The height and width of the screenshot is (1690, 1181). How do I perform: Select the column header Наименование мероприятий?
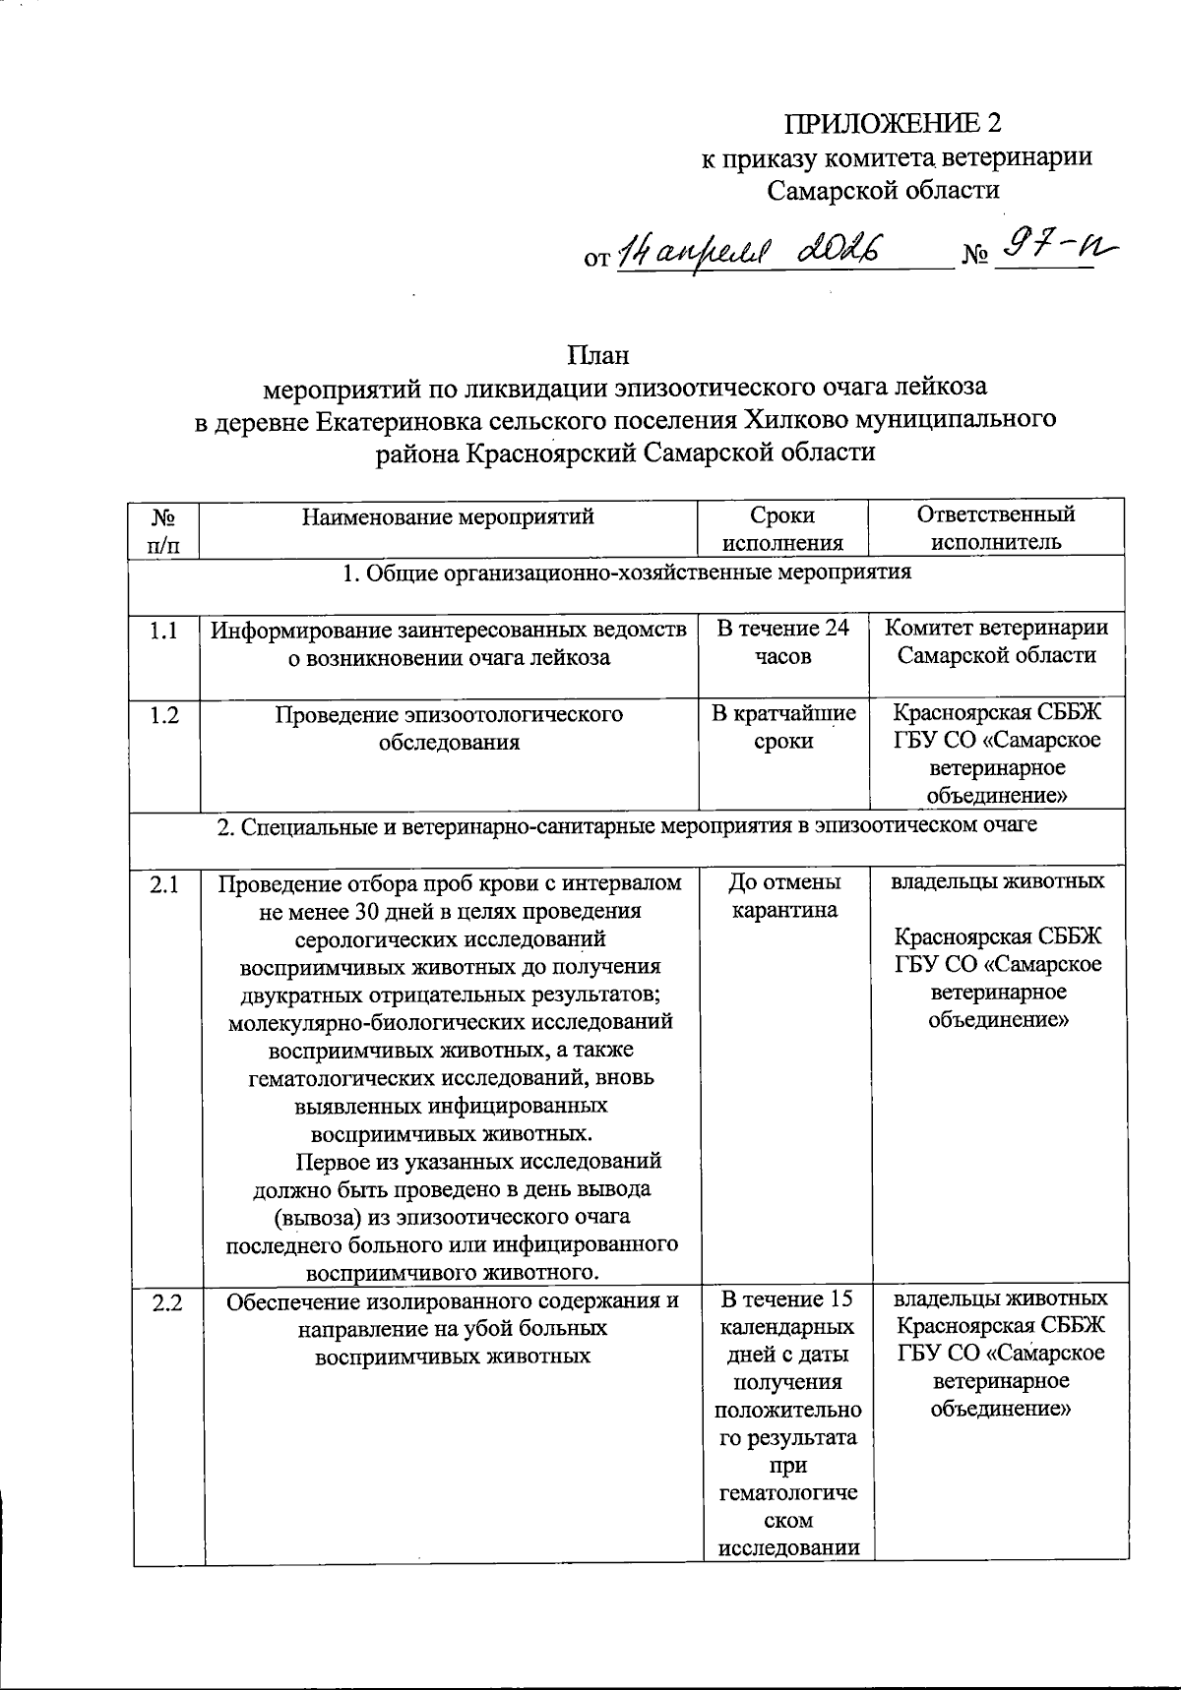(x=448, y=515)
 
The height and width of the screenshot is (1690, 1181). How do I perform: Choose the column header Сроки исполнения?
(x=782, y=528)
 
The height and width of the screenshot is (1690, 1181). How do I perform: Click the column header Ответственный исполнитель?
(x=996, y=528)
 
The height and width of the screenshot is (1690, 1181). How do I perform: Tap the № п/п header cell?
(x=163, y=528)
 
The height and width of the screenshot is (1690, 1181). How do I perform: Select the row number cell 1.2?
(x=163, y=715)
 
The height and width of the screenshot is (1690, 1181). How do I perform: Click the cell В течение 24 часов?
(x=782, y=642)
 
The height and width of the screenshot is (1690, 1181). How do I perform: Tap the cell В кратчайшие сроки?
(x=782, y=728)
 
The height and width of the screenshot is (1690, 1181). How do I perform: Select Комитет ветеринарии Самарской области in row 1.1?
(x=996, y=642)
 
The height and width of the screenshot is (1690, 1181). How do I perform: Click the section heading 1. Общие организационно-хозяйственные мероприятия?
(x=627, y=573)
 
